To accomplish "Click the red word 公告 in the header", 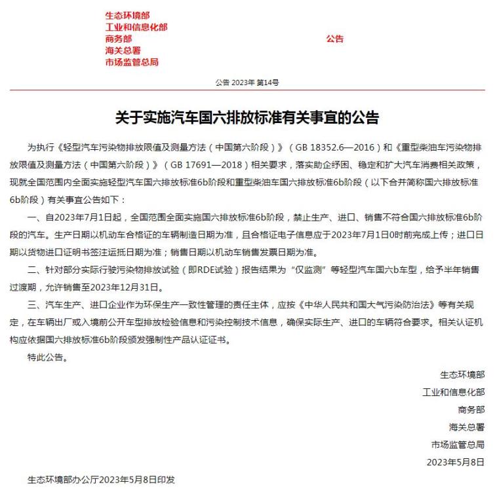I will point(334,39).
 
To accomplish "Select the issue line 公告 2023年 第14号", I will point(247,82).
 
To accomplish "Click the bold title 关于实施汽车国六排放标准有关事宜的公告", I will point(247,118).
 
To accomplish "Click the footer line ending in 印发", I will point(101,479).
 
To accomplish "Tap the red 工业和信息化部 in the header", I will point(136,27).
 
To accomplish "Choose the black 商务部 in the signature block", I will point(471,410).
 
